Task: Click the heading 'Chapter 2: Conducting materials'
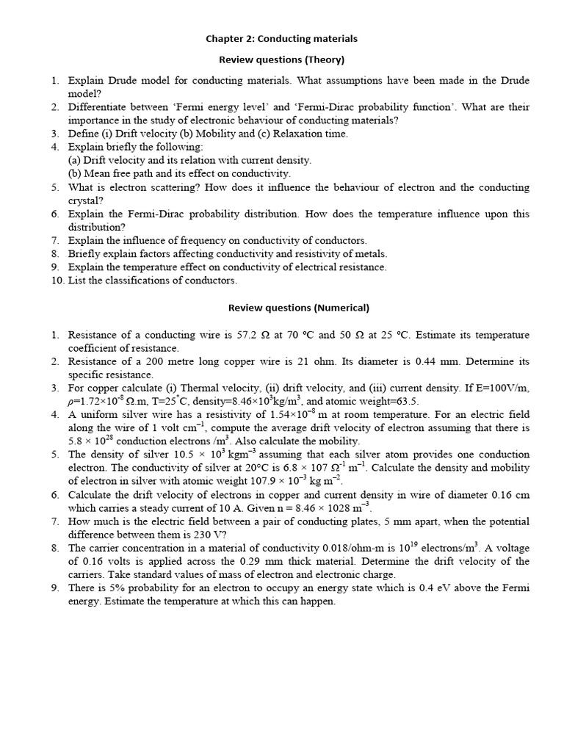click(x=281, y=38)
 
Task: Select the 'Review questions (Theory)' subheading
click(x=282, y=59)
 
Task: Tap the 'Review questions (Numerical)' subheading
click(x=298, y=308)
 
